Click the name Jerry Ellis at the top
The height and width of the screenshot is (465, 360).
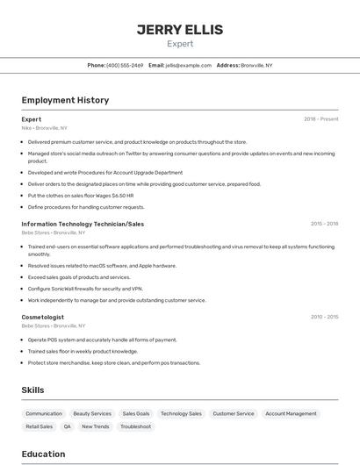[179, 30]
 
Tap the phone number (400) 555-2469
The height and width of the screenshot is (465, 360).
[125, 65]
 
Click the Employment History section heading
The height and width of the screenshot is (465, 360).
[65, 100]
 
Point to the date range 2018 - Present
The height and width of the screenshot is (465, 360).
[320, 118]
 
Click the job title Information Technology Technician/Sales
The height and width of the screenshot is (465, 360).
[83, 224]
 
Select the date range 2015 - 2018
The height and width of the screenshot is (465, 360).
[324, 224]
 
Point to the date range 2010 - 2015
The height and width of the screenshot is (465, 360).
[324, 317]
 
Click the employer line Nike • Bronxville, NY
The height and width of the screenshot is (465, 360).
[44, 128]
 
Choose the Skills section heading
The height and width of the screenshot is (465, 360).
[32, 390]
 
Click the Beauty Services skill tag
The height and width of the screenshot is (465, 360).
[92, 413]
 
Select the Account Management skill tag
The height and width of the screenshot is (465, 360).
[291, 413]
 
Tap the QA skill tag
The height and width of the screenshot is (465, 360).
[67, 426]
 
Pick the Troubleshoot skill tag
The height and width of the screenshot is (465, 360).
[136, 426]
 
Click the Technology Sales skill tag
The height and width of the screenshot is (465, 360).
[181, 413]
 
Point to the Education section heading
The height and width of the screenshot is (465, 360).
[43, 454]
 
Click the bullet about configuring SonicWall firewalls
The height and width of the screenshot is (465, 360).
[84, 289]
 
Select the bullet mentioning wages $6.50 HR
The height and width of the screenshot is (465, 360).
[80, 196]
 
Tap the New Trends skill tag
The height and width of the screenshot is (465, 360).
[96, 426]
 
